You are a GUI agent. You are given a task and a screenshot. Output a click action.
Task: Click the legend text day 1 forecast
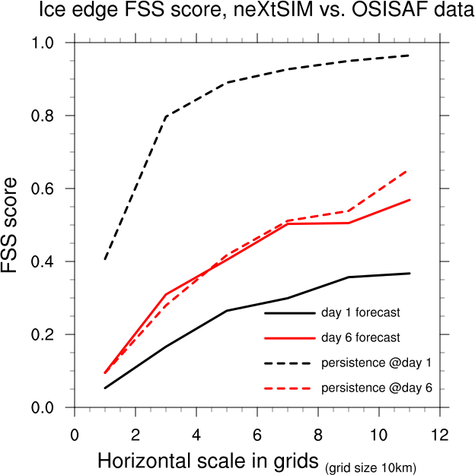[361, 312]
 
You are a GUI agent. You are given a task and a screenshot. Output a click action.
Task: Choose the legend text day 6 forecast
[361, 337]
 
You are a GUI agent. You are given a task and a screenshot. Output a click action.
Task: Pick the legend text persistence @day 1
[377, 362]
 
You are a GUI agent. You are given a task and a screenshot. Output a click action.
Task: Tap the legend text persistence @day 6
[377, 388]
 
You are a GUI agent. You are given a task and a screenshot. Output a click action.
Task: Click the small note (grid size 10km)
[371, 467]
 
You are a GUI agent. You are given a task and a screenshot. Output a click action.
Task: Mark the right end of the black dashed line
[410, 55]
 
